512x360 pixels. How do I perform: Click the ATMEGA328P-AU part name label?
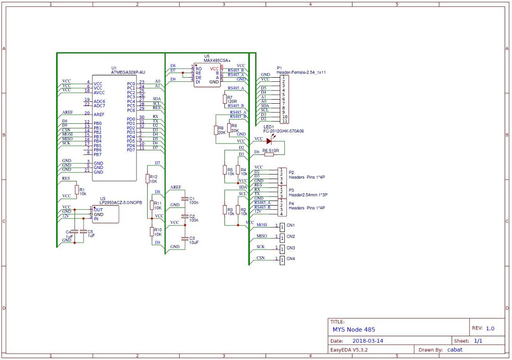pyautogui.click(x=128, y=72)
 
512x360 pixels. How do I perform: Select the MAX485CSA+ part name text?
pyautogui.click(x=217, y=60)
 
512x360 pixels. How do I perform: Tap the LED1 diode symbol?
pyautogui.click(x=269, y=141)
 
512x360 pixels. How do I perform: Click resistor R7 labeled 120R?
pyautogui.click(x=224, y=99)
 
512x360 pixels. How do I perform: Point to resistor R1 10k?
pyautogui.click(x=76, y=190)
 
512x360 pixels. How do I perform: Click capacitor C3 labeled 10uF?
pyautogui.click(x=185, y=238)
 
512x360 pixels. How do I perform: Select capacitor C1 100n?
pyautogui.click(x=185, y=199)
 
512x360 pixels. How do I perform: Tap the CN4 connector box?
pyautogui.click(x=283, y=259)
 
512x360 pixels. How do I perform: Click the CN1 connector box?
pyautogui.click(x=283, y=226)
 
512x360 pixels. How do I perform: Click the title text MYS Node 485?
pyautogui.click(x=354, y=329)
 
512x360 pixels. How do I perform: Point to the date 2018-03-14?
pyautogui.click(x=368, y=341)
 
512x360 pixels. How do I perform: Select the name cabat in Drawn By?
pyautogui.click(x=454, y=349)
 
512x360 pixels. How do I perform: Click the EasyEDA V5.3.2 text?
pyautogui.click(x=349, y=349)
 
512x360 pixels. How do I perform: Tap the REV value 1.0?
pyautogui.click(x=490, y=328)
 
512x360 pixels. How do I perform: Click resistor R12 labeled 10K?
pyautogui.click(x=148, y=179)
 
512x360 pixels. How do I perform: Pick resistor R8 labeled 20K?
pyautogui.click(x=216, y=130)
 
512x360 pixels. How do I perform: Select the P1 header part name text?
pyautogui.click(x=300, y=72)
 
